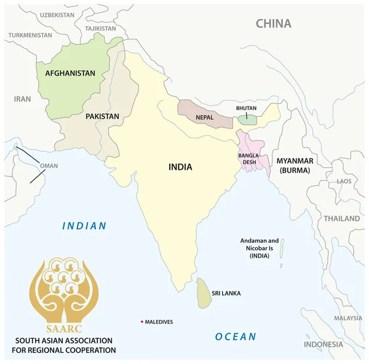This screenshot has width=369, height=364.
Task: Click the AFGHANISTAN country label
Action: coord(69,73)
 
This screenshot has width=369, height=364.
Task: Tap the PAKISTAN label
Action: coord(102,116)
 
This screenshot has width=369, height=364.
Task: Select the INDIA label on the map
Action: coord(180,167)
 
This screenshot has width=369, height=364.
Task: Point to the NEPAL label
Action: coord(205,117)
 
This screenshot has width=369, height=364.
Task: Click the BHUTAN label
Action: coord(246,109)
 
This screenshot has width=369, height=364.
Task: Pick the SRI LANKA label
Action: coord(226,293)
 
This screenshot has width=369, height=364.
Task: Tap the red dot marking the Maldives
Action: coord(142,322)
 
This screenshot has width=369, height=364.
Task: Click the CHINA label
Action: coord(273,24)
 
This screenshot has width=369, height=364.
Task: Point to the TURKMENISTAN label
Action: coord(30,35)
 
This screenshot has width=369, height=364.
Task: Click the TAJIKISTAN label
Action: coord(100,28)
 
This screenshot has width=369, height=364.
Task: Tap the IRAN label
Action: coord(22,98)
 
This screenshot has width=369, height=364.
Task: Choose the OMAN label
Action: coord(49,166)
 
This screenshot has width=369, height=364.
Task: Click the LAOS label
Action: coord(344,181)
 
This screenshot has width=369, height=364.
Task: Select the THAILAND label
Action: coord(342,218)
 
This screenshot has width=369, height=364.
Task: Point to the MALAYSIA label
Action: coord(348,318)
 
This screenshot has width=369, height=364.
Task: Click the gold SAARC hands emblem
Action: coord(63,287)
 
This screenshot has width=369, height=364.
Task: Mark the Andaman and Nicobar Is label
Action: coord(259,249)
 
